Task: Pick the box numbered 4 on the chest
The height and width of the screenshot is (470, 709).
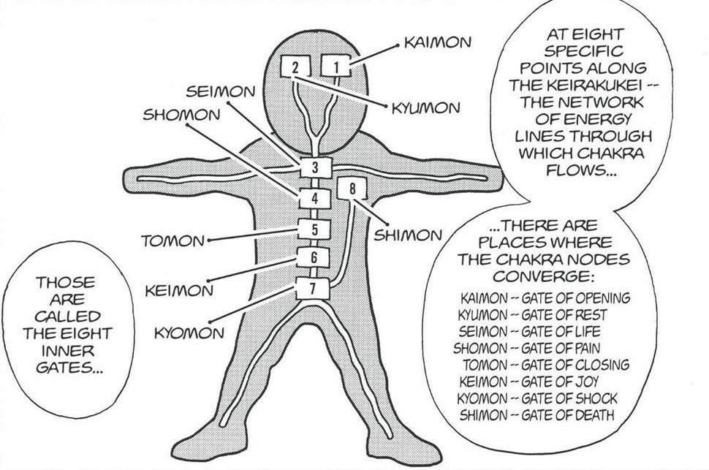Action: [x=314, y=199]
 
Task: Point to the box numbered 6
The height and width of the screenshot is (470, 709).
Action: [x=314, y=257]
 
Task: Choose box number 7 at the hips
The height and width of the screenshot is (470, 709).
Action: [x=312, y=288]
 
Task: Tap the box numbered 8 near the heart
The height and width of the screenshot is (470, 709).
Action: [x=352, y=189]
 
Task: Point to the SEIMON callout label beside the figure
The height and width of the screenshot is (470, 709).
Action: [x=220, y=92]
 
